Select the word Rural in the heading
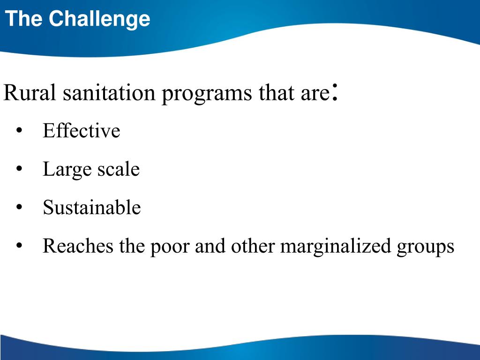[x=30, y=93]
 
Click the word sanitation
[x=109, y=93]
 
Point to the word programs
[x=207, y=94]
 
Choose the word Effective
[x=81, y=131]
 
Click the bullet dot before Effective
[x=19, y=131]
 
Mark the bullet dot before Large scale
[x=19, y=170]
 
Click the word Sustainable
[x=91, y=207]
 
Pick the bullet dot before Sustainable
[x=19, y=208]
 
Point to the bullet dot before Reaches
[x=19, y=246]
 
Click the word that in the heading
[x=274, y=93]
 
